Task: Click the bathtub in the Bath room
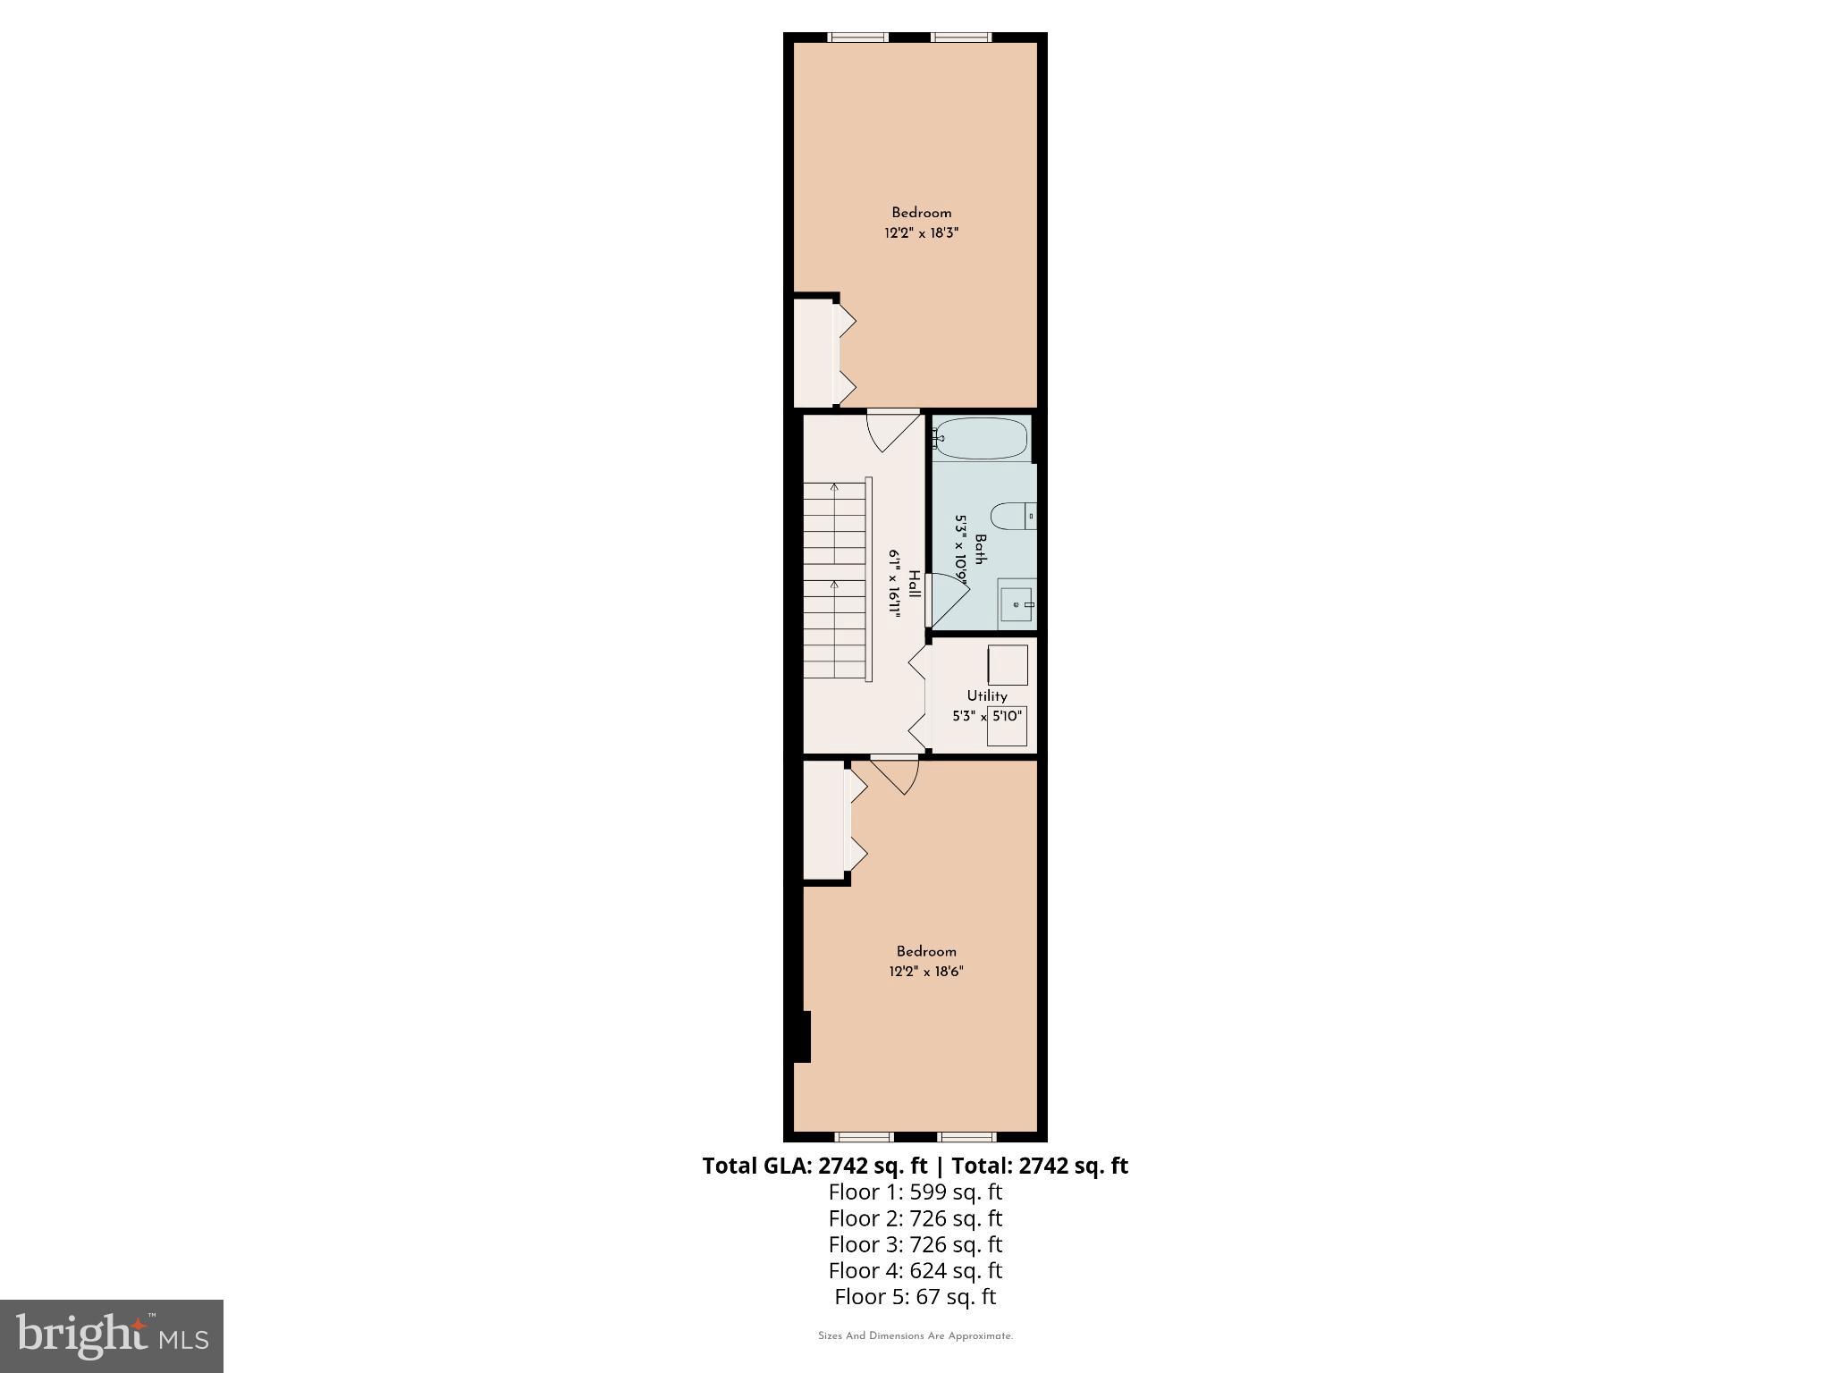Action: click(982, 439)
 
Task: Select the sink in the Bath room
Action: click(1017, 603)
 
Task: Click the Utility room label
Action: click(987, 695)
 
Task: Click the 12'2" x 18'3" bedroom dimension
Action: click(921, 233)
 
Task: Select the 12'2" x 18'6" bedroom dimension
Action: click(926, 972)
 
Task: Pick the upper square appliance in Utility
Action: click(1008, 665)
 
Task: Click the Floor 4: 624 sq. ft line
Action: click(915, 1270)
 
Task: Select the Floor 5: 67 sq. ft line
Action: click(915, 1296)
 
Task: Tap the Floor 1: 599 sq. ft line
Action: click(915, 1192)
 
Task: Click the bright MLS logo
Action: click(111, 1336)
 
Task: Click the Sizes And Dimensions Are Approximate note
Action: click(915, 1336)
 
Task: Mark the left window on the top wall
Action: click(858, 38)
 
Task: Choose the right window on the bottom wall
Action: click(966, 1137)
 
